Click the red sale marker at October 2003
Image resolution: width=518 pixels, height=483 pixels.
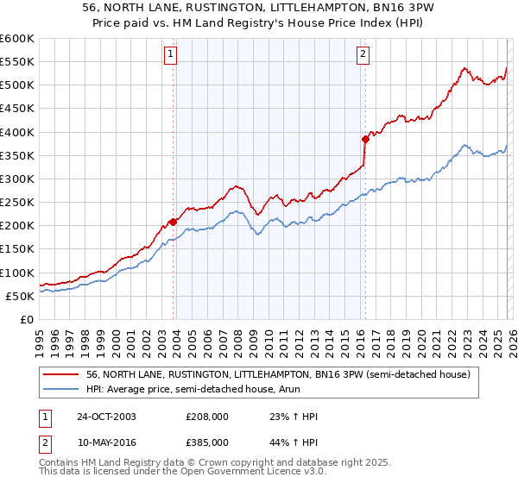(174, 222)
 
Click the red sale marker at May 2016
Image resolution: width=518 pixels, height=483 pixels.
(365, 139)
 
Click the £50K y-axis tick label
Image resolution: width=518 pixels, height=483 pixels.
(21, 296)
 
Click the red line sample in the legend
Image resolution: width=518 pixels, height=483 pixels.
(62, 374)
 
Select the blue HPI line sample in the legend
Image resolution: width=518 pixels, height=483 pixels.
(62, 389)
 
